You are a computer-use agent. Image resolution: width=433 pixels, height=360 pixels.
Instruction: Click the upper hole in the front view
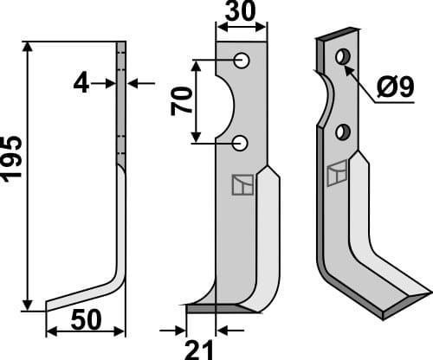click(x=242, y=61)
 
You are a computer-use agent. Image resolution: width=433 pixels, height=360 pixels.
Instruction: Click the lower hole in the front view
click(x=242, y=142)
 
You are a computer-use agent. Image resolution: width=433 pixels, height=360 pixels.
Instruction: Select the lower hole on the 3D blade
click(x=344, y=132)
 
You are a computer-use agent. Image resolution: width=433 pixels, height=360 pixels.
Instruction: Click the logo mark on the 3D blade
click(x=336, y=173)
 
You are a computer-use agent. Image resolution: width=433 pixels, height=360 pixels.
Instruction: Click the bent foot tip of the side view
click(x=51, y=304)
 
